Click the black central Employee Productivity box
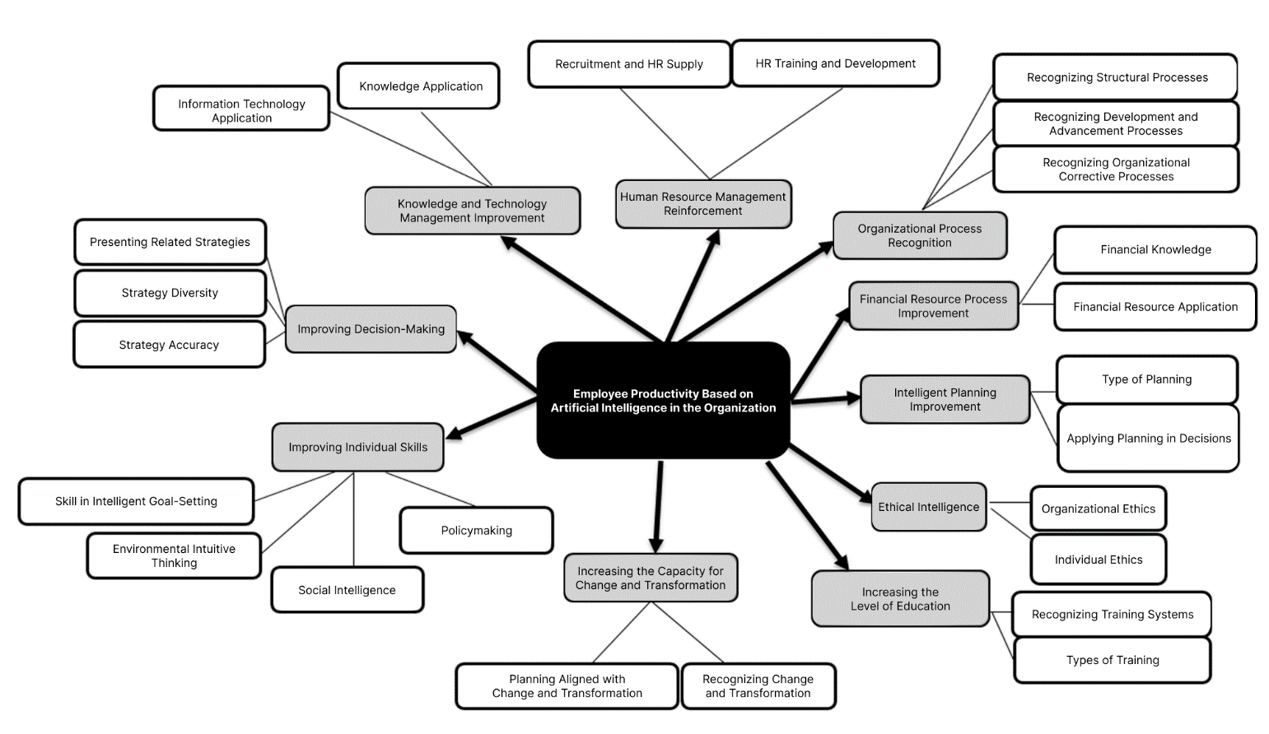pos(663,400)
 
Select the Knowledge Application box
pos(418,86)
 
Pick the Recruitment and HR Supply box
pos(629,64)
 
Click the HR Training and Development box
pos(836,63)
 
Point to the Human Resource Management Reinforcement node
pos(703,204)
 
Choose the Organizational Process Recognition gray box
pos(920,235)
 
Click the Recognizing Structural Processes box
pos(1116,77)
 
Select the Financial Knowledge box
pos(1155,249)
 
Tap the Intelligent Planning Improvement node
pos(945,399)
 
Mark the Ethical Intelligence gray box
pos(929,507)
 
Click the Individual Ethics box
pos(1099,559)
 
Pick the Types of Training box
pos(1113,660)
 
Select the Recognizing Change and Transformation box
pos(758,686)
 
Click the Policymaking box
pos(477,530)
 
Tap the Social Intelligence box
pos(348,590)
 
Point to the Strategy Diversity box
pos(170,293)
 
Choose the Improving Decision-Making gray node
pos(371,329)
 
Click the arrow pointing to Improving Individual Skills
pos(492,418)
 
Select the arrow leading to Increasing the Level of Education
pos(807,516)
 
